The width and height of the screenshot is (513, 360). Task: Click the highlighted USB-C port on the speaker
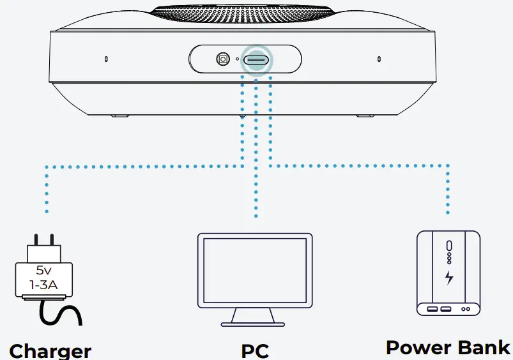(x=256, y=59)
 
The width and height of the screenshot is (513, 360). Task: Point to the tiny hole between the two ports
(x=238, y=59)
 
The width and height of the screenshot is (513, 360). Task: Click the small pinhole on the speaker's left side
(x=105, y=59)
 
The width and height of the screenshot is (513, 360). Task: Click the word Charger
(x=50, y=350)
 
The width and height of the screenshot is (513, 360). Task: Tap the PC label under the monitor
(x=254, y=350)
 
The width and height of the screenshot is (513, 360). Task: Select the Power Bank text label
(x=448, y=347)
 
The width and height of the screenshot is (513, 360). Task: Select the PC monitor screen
(x=254, y=269)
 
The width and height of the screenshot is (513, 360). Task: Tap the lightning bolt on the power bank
(x=449, y=278)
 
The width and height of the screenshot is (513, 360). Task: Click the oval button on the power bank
(x=449, y=246)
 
